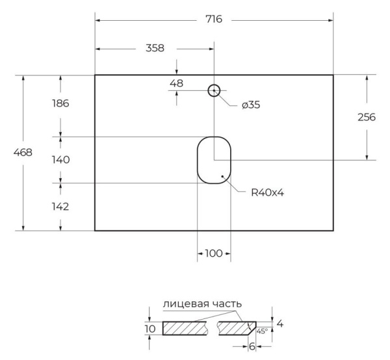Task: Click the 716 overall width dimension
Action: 214,19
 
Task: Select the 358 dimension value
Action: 154,48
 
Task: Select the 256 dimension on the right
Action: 368,117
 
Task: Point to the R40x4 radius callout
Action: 268,192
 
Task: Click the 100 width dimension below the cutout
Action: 213,253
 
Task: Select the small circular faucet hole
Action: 214,90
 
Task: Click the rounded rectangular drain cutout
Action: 214,160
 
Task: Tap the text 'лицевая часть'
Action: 202,303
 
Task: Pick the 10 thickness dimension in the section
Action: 150,329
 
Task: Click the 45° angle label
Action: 261,331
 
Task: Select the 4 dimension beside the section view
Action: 279,323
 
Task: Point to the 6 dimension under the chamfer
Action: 252,346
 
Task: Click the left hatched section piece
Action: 185,328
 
